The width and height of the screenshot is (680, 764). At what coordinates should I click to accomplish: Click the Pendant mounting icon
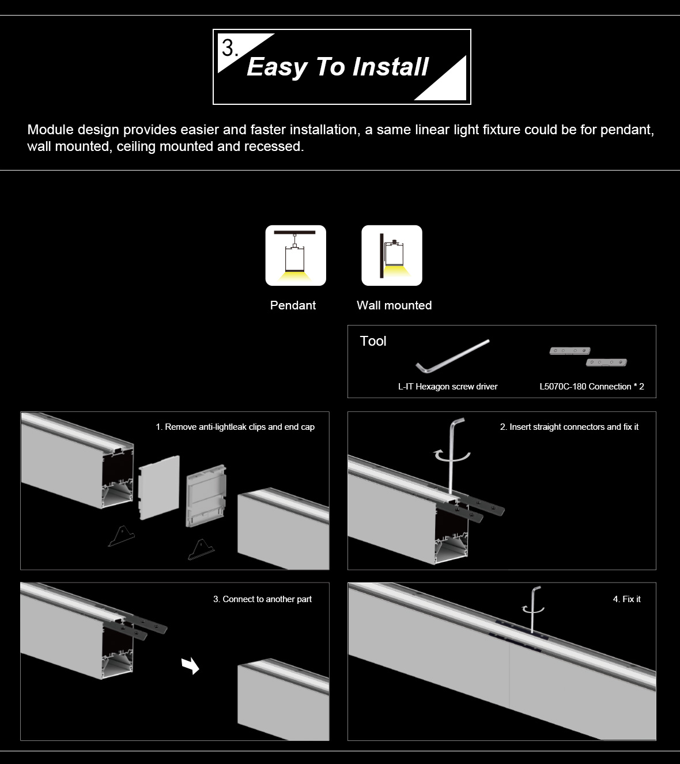point(296,255)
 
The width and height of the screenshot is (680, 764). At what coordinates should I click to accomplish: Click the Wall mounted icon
point(392,255)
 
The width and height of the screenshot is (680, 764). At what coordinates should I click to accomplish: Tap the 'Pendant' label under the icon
point(293,305)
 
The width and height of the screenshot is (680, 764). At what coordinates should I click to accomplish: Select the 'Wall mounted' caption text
point(394,305)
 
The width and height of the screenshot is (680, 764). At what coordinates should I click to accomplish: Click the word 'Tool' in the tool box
point(373,341)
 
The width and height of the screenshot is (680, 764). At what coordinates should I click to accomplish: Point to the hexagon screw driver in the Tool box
point(452,356)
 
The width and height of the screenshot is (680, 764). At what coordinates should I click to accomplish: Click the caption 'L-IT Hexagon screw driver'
point(448,387)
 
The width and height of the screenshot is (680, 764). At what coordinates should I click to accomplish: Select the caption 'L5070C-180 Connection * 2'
point(592,387)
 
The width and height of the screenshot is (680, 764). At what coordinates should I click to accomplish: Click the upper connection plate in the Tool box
point(570,351)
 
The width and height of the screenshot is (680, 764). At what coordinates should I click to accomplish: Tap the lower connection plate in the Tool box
point(606,362)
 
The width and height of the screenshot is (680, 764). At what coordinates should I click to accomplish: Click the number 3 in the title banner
point(229,48)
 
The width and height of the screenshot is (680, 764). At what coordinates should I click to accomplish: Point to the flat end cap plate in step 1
point(159,487)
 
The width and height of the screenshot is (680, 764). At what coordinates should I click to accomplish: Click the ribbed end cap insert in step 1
point(206,496)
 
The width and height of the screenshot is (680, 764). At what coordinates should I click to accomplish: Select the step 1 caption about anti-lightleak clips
point(235,427)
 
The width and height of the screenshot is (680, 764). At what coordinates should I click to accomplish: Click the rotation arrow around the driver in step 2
point(452,456)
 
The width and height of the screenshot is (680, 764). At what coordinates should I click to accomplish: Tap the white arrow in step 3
point(191,665)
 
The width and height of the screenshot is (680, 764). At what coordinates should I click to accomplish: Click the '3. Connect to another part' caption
point(263,599)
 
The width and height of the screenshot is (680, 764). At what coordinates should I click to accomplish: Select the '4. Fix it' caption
point(627,599)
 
